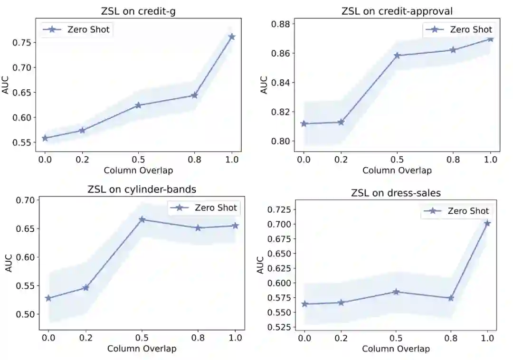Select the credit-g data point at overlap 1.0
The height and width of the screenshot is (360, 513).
(x=232, y=37)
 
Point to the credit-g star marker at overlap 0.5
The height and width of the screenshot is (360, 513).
(x=138, y=105)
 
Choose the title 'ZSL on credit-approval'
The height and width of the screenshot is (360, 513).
(x=397, y=11)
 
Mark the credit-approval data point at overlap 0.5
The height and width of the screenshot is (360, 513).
(x=397, y=56)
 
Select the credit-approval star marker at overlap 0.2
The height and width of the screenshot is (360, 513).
(x=341, y=122)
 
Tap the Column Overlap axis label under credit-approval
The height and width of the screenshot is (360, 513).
(x=397, y=171)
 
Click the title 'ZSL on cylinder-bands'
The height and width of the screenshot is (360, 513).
(x=142, y=189)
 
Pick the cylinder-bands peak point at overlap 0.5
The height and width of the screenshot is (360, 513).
(x=142, y=219)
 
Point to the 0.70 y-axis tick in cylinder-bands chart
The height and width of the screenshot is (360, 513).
(x=26, y=200)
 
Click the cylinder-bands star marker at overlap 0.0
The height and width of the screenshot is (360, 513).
(x=48, y=298)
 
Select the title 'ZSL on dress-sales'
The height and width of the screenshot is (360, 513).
(x=396, y=193)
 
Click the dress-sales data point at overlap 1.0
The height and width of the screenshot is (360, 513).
(x=487, y=223)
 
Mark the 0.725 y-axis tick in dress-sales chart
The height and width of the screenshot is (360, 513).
(x=280, y=209)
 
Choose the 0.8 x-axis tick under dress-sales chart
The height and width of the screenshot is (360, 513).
(x=451, y=337)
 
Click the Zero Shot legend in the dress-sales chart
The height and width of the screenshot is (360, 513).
(x=456, y=211)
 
